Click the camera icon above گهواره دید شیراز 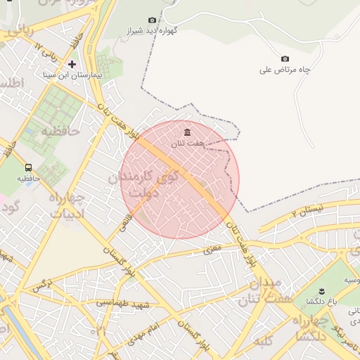(152, 20)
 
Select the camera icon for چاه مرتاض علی (285, 59)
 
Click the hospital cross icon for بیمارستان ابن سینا (72, 64)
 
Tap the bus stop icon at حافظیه (28, 168)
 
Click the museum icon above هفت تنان (187, 132)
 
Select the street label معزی (212, 248)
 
